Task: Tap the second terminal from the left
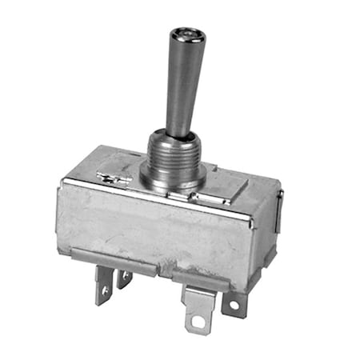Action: pos(124,278)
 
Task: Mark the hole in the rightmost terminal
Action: pos(235,306)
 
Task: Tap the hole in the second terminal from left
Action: pos(123,276)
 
